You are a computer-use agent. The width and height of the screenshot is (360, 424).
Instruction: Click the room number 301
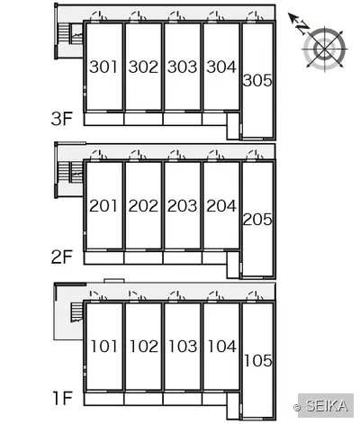[x=103, y=67]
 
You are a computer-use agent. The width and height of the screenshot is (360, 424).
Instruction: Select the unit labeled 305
[x=257, y=80]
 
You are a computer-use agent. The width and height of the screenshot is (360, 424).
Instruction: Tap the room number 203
[x=182, y=206]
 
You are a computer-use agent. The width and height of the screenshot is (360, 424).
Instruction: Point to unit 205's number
[x=257, y=220]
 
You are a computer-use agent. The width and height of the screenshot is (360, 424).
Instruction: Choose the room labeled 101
[x=103, y=347]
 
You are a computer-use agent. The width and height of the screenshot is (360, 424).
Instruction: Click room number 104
[x=221, y=347]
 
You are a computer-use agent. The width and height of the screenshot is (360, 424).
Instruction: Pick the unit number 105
[x=258, y=360]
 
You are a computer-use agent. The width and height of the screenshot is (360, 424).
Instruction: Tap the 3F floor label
[x=62, y=119]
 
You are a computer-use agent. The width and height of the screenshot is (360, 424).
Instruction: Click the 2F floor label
[x=62, y=257]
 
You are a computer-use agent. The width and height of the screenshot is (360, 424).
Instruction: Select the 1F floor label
[x=63, y=398]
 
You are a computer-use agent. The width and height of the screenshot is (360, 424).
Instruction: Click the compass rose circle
[x=325, y=49]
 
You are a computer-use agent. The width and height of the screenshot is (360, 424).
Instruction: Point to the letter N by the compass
[x=303, y=28]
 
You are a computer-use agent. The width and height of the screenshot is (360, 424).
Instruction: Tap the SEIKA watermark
[x=326, y=406]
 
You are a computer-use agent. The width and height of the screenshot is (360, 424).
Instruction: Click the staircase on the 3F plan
[x=70, y=33]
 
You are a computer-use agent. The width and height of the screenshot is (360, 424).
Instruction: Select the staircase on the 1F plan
[x=76, y=312]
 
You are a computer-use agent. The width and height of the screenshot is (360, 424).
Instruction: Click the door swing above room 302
[x=138, y=17]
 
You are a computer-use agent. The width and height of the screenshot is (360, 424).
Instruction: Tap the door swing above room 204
[x=216, y=156]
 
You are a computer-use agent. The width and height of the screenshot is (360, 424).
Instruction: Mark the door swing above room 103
[x=176, y=296]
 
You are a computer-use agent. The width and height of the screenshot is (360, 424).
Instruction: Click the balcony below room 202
[x=143, y=258]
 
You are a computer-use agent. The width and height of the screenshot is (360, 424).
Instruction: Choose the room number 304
[x=221, y=67]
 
